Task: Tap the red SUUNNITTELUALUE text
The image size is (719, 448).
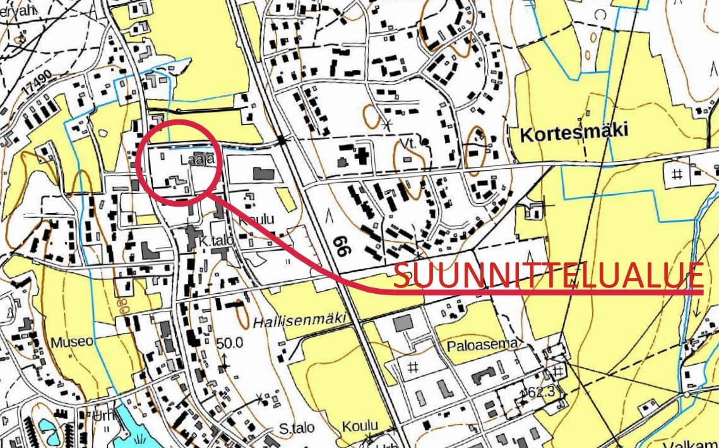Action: pos(548,276)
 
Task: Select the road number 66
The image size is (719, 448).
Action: pos(342,243)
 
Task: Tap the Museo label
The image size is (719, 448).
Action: pos(72,342)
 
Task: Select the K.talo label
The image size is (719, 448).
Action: pos(212,241)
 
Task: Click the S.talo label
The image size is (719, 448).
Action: pos(297,428)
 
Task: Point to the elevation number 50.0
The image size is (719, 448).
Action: pos(230,344)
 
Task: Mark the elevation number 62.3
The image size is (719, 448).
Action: pos(540,392)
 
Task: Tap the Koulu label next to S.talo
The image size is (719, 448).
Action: pos(360,425)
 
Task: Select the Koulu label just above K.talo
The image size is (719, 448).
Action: pos(257,219)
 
